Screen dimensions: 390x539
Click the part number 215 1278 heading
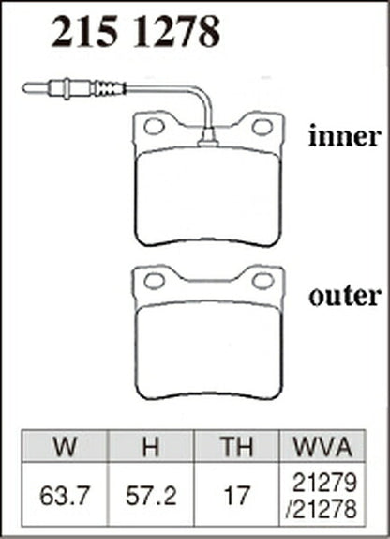[x=136, y=32]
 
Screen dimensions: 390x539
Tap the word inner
[x=345, y=136]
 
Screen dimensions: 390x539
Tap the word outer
[x=345, y=296]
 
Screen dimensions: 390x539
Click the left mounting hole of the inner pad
[x=154, y=127]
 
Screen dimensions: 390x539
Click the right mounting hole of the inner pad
[x=262, y=127]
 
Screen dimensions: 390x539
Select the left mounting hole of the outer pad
[x=154, y=281]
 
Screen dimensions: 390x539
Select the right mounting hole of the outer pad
[x=262, y=281]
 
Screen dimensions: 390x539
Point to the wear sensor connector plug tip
[x=24, y=88]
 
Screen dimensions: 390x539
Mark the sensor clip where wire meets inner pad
[x=208, y=137]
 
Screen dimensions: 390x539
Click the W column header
[x=65, y=447]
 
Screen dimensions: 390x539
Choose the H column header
[x=151, y=447]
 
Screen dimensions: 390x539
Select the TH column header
[x=237, y=447]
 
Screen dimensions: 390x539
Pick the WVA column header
[x=322, y=447]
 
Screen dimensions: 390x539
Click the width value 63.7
[x=65, y=496]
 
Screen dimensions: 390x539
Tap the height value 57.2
[x=151, y=496]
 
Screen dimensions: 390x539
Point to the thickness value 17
[x=237, y=496]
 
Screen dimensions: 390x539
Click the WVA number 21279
[x=324, y=483]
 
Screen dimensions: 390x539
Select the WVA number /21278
[x=321, y=508]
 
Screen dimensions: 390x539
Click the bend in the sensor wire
[x=202, y=95]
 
